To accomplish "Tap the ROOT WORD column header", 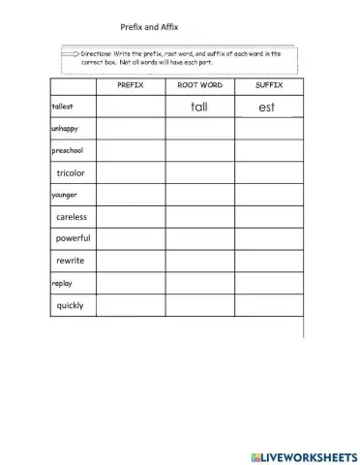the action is tap(199, 85).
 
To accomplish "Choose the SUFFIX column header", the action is tap(268, 85).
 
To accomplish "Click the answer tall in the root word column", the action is tap(200, 107).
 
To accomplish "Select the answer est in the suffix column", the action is tap(267, 107).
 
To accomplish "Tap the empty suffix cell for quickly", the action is tap(269, 305).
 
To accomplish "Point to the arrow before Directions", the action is tap(71, 56).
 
